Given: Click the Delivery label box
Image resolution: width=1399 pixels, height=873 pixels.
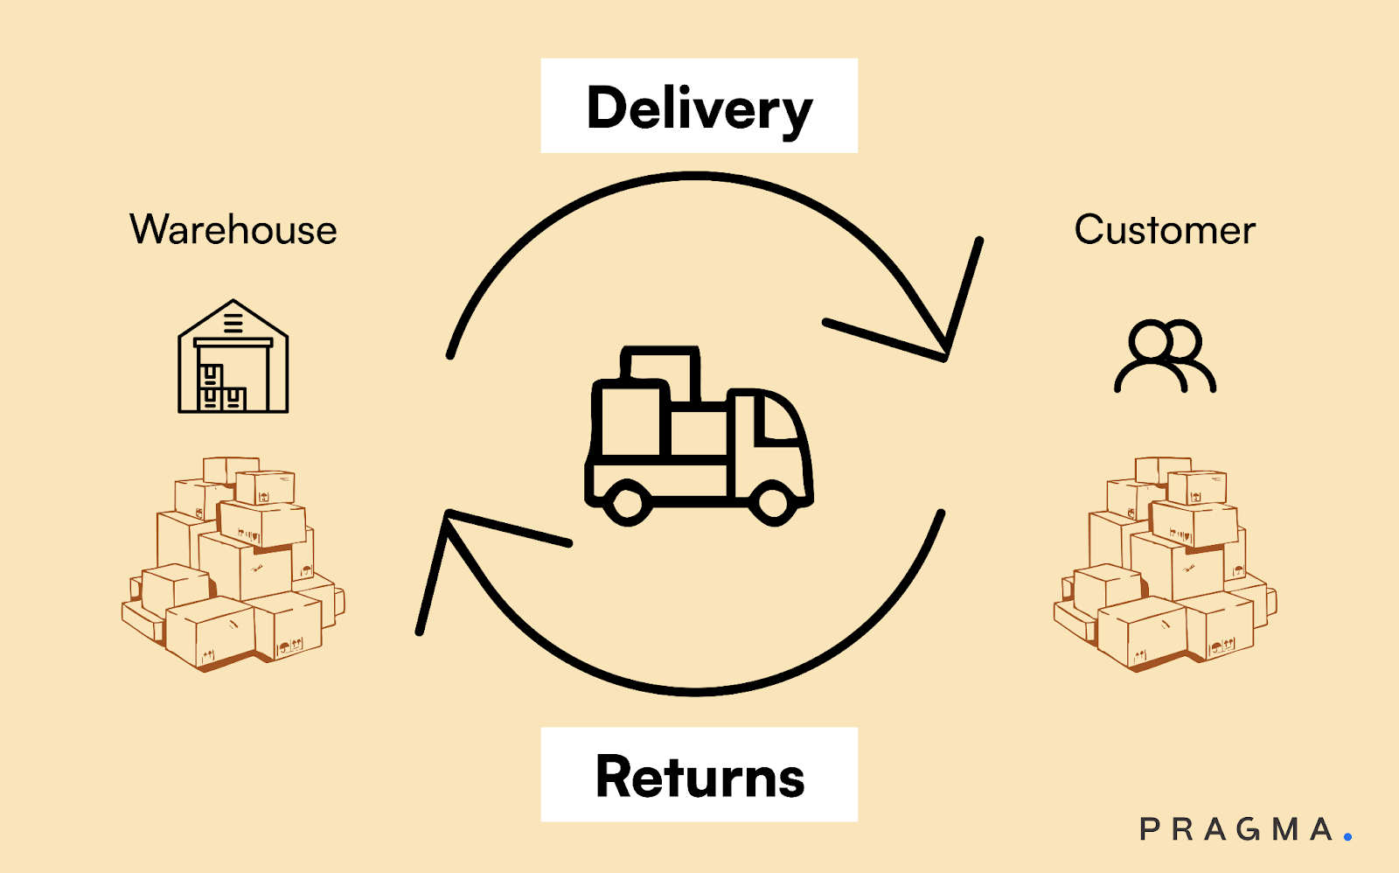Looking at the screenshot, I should tap(699, 106).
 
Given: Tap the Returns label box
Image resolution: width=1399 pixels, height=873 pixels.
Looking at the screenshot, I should tap(699, 775).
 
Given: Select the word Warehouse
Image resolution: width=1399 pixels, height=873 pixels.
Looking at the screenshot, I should tap(233, 230).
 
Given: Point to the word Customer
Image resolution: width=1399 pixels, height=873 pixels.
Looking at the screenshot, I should tap(1165, 230).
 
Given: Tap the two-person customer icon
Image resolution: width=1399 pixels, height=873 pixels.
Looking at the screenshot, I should tap(1165, 356).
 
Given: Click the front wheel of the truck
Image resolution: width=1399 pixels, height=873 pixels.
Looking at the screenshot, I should tap(773, 502).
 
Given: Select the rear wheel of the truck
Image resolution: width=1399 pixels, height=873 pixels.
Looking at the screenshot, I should tap(627, 502).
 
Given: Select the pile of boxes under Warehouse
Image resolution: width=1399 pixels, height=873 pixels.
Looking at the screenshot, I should tap(233, 564).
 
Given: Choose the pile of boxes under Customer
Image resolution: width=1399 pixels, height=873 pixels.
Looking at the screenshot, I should tap(1165, 564).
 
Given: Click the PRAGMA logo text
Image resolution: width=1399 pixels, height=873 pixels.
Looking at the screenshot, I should tap(1236, 829).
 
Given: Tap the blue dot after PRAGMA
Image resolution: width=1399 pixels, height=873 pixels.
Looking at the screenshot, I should tap(1347, 837).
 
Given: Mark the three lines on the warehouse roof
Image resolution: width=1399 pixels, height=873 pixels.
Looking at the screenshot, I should tap(233, 322).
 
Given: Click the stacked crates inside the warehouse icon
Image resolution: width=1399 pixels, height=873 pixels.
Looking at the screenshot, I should tap(220, 389).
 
